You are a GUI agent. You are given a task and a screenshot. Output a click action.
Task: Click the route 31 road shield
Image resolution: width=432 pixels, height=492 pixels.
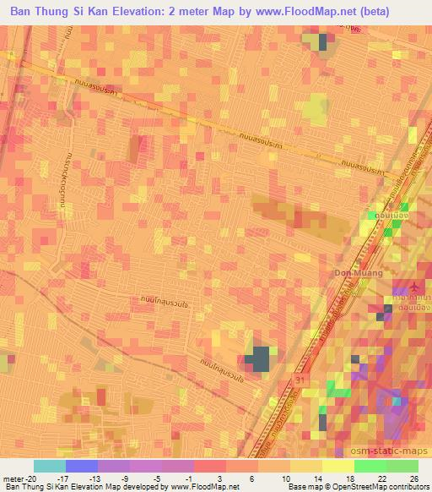point(302,380)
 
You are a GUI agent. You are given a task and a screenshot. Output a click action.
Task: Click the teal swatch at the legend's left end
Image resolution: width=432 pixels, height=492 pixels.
point(49,466)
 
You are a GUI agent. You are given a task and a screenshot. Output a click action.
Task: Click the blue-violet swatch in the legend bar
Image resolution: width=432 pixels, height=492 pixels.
point(81,466)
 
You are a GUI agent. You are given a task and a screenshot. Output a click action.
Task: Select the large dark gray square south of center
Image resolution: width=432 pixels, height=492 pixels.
point(261,358)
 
